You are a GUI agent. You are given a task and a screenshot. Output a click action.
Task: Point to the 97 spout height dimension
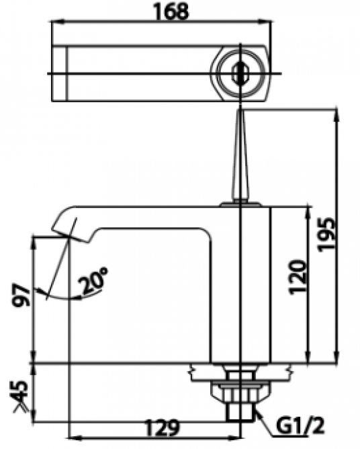(x=19, y=296)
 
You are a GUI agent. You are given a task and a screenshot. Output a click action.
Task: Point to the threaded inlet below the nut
(x=240, y=411)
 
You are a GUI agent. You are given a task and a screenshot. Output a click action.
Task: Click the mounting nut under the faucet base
(x=240, y=388)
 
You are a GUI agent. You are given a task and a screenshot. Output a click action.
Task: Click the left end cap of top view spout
(x=60, y=73)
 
